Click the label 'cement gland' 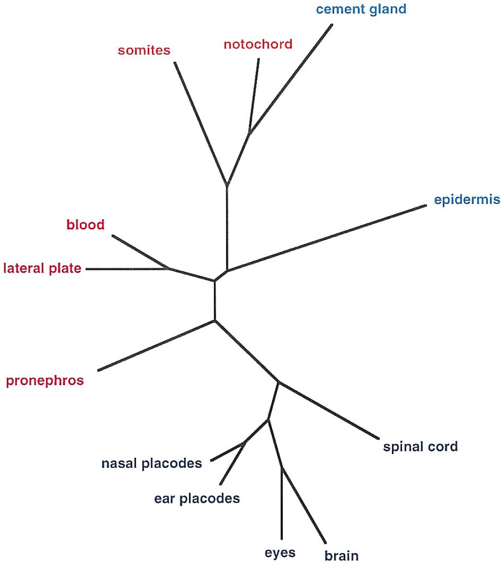point(361,9)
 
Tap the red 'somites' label point(144,50)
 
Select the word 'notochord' point(258,45)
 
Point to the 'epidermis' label point(467,200)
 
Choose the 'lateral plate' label point(42,268)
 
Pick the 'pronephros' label point(45,381)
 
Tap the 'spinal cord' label point(420,447)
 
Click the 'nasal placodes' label point(151,464)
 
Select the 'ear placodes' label point(197,498)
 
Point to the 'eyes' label point(280,553)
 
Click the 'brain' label point(341,556)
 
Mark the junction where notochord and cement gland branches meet point(249,132)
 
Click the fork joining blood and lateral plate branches point(167,268)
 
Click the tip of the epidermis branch point(426,206)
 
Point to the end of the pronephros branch point(98,370)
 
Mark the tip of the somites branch point(175,63)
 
